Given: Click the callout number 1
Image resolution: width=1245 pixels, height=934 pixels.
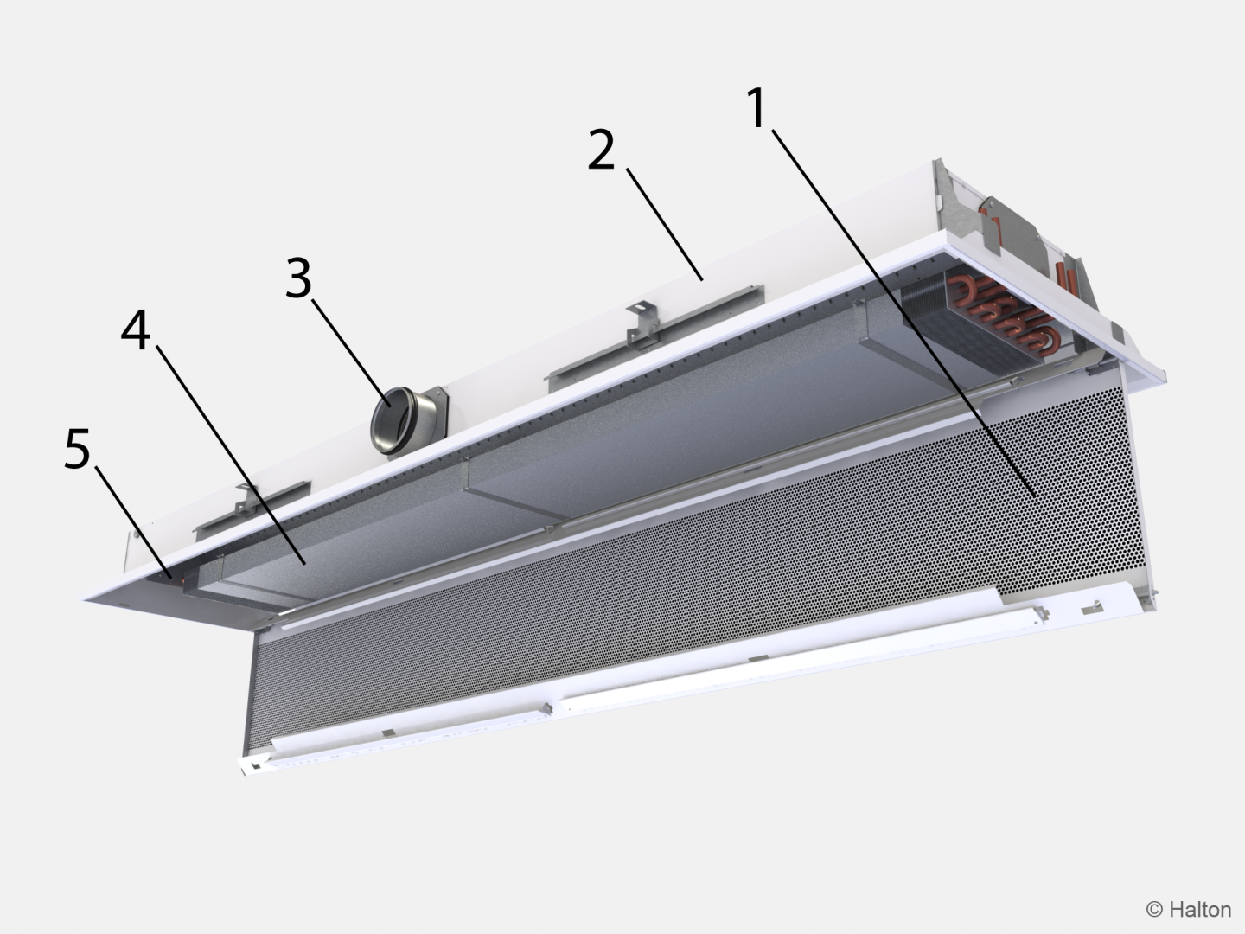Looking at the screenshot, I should [x=757, y=109].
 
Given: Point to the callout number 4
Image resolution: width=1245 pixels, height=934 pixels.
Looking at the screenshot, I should [x=135, y=332].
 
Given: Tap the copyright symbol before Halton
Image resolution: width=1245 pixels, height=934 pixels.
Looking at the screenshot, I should [x=1154, y=909].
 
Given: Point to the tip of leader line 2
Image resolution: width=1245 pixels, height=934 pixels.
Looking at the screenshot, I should [x=702, y=278].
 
